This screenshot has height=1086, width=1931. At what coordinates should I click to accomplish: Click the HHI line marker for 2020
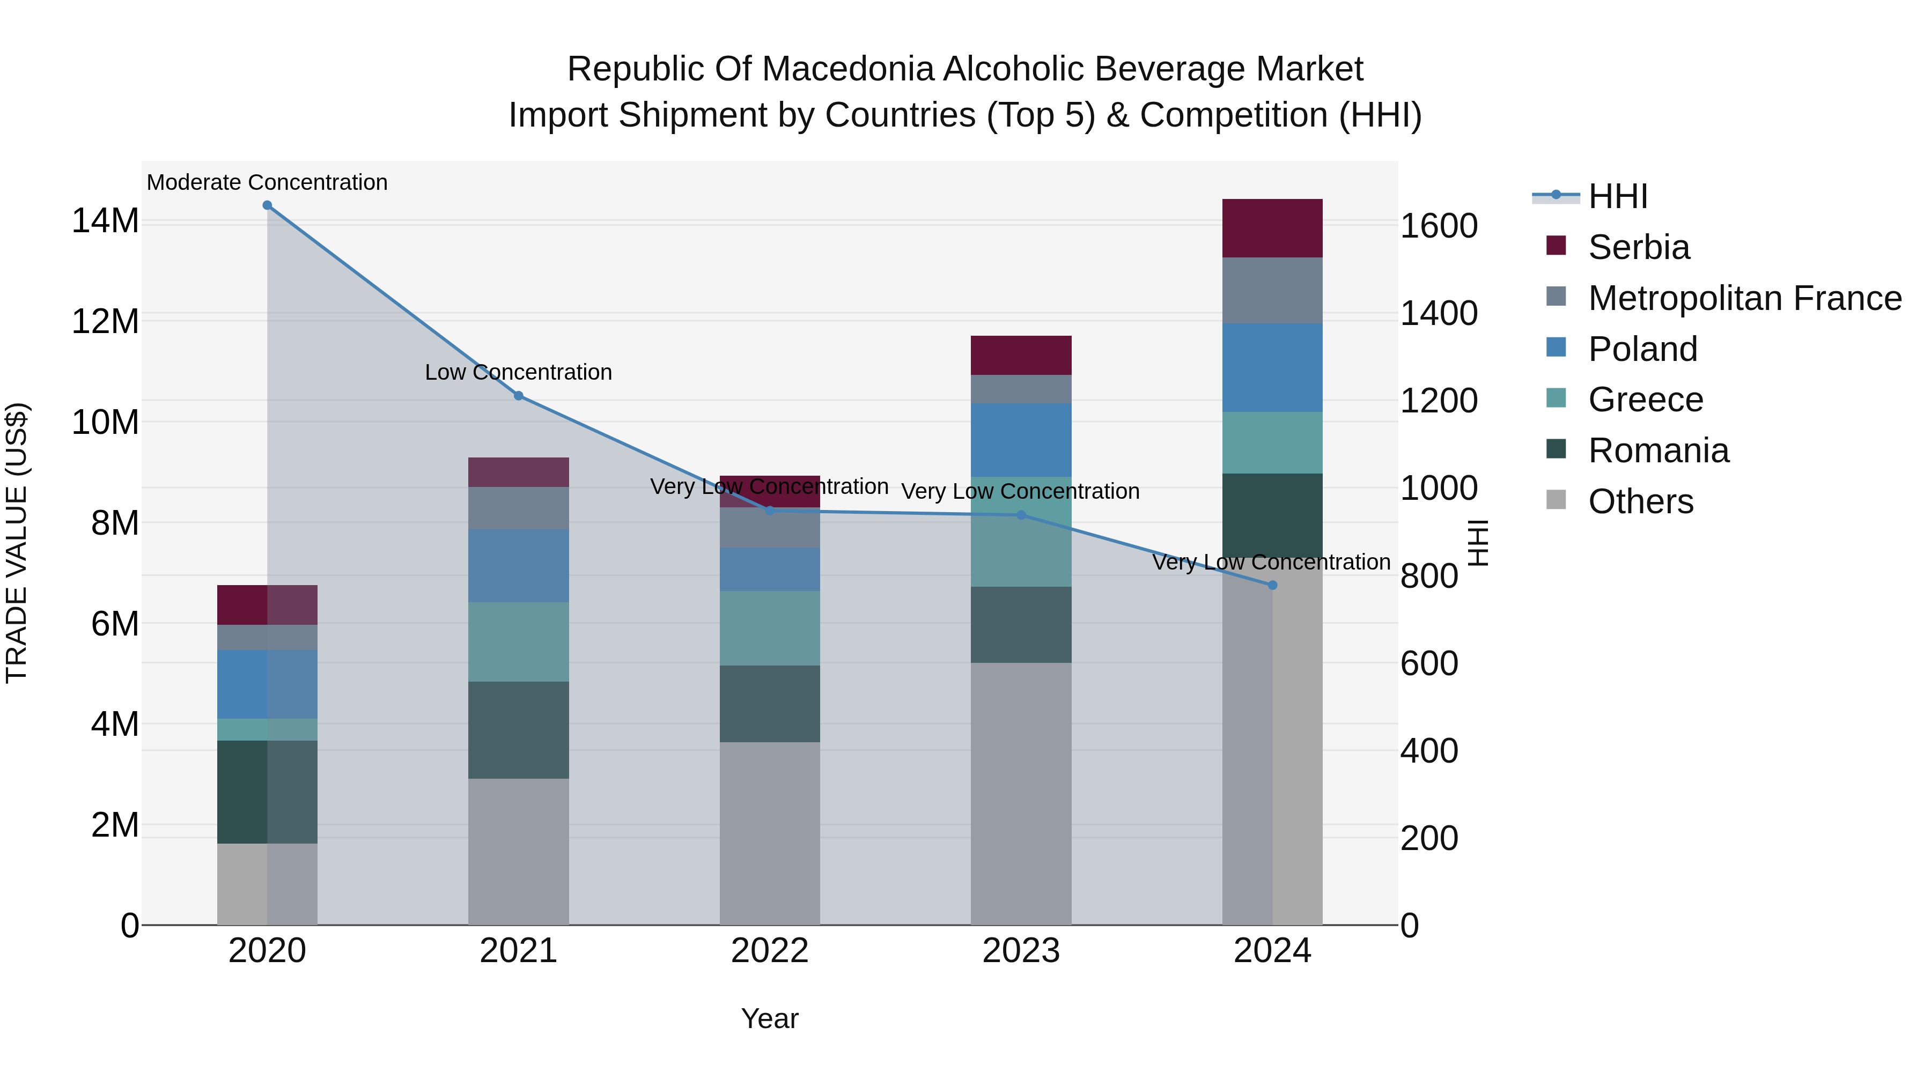tap(267, 205)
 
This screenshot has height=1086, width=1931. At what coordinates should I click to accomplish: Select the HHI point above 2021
tap(518, 396)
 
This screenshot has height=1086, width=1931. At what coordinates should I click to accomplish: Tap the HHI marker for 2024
tap(1272, 585)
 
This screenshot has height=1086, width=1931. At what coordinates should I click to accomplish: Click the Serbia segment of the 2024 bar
tap(1272, 228)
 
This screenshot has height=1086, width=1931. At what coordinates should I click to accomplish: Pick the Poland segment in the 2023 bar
tap(1021, 440)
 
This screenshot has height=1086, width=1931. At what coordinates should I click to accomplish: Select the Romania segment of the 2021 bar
tap(518, 730)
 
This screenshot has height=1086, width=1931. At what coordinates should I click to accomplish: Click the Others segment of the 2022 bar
tap(770, 833)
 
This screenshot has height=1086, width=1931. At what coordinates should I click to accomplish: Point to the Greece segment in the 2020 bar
tap(267, 730)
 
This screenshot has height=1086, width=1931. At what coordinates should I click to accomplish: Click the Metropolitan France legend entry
tap(1744, 298)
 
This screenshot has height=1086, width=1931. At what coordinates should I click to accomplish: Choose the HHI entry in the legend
tap(1618, 196)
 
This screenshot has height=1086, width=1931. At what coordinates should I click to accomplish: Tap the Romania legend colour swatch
tap(1556, 450)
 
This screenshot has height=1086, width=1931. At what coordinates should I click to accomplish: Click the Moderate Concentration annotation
tap(267, 182)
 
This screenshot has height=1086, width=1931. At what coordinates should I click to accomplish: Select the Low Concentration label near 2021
tap(518, 373)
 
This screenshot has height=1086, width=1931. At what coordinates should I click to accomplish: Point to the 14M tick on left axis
tap(105, 221)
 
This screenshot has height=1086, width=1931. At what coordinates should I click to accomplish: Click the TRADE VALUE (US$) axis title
tap(17, 543)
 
